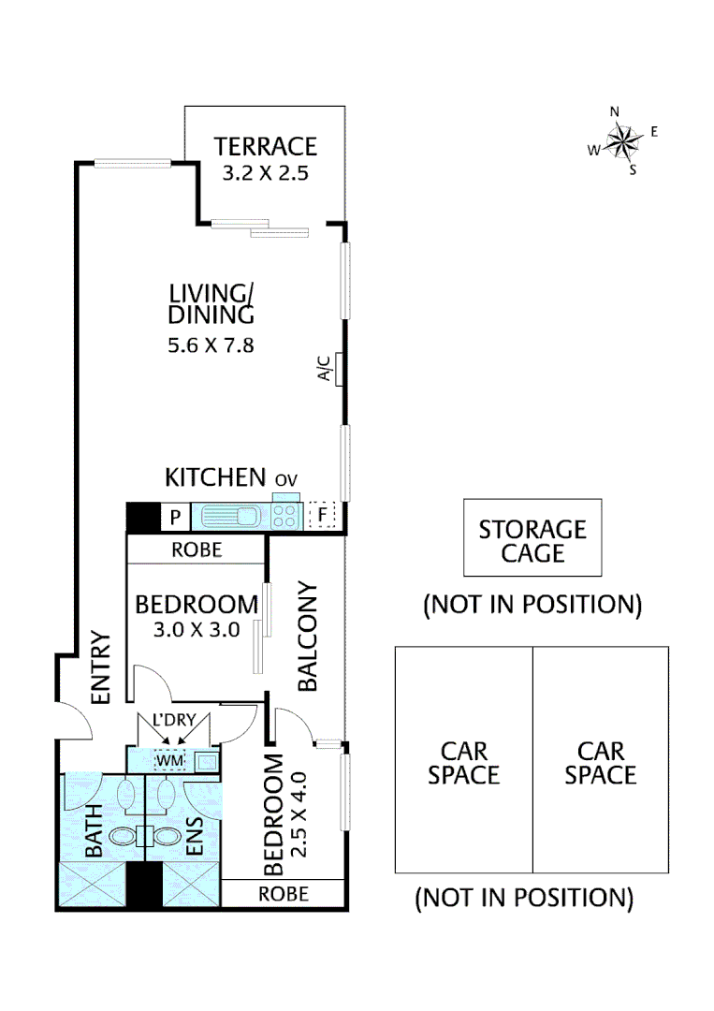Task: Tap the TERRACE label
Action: (x=265, y=147)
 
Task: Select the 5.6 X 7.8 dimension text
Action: (x=211, y=345)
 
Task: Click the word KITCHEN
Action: (x=215, y=477)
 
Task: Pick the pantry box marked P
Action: (x=174, y=516)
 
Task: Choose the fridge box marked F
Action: (x=323, y=516)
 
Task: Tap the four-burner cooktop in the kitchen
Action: (x=286, y=515)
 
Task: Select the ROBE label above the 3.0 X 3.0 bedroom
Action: (x=197, y=549)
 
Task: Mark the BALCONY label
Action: (x=308, y=637)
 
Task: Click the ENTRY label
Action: (x=100, y=667)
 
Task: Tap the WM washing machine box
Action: (x=170, y=760)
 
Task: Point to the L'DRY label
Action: (x=170, y=722)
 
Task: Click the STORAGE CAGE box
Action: (x=532, y=540)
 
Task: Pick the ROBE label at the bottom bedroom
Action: (x=283, y=893)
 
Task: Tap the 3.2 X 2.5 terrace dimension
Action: (x=265, y=173)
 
